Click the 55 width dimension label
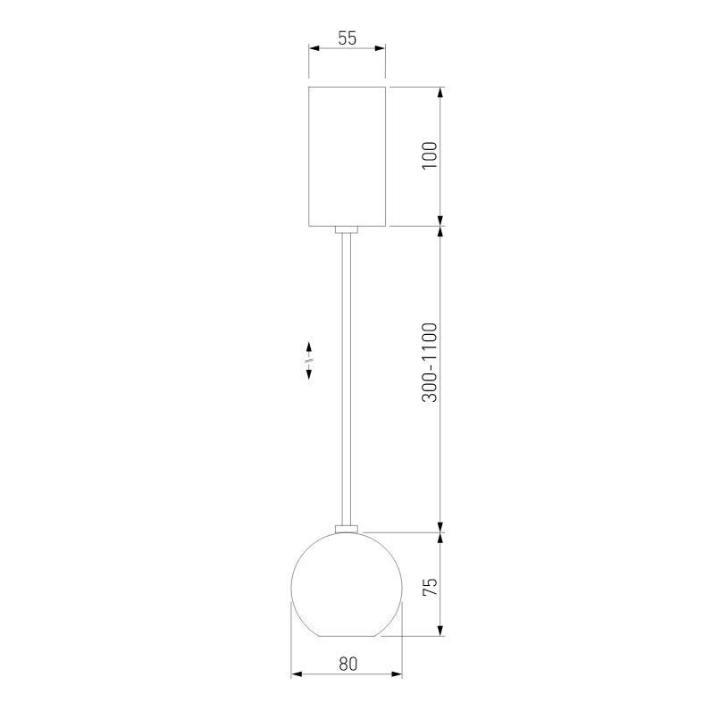tap(347, 38)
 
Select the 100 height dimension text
tap(430, 155)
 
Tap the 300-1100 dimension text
tap(430, 362)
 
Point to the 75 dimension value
tap(430, 587)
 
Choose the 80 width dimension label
tap(348, 664)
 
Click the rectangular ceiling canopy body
tap(347, 155)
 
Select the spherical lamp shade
tap(347, 585)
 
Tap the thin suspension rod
tap(347, 375)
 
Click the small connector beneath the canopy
tap(347, 230)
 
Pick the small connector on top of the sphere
tap(347, 529)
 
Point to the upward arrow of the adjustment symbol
tap(309, 347)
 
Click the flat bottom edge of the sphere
tap(347, 636)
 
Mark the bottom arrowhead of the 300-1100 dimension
tap(441, 525)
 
